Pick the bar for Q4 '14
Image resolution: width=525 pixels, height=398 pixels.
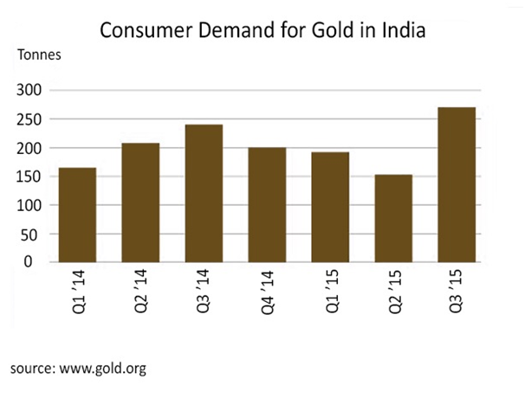pyautogui.click(x=268, y=205)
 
